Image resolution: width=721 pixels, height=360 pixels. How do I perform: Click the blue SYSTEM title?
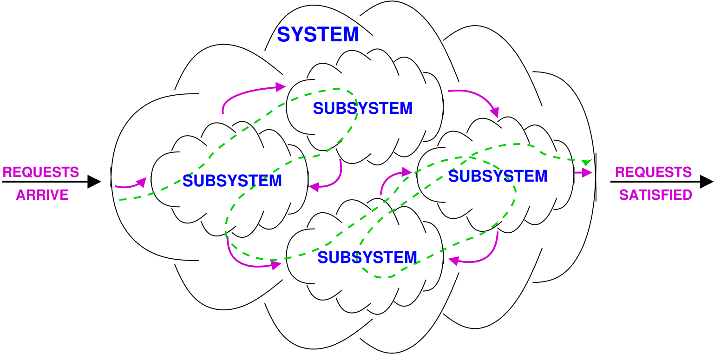point(318,35)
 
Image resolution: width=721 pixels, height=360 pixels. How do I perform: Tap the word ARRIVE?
point(42,195)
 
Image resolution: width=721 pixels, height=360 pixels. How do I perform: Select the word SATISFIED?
point(655,195)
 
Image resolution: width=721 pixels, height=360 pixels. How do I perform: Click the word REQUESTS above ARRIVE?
point(41,172)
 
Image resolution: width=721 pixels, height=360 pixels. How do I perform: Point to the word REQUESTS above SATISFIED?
point(653,172)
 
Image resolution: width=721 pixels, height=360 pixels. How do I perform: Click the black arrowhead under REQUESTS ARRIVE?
point(94,182)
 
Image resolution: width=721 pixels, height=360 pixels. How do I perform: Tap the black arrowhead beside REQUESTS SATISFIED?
point(707,182)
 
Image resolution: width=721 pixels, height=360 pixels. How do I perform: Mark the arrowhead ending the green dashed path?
point(588,162)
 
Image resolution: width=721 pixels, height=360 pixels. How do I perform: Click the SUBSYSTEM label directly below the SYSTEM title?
point(363,108)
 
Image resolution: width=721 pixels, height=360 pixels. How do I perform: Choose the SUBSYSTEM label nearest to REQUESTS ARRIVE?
point(232,180)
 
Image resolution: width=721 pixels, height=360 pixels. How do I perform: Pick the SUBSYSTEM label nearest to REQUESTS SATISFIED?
point(498,176)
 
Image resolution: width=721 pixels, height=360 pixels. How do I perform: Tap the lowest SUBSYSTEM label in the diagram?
point(367,257)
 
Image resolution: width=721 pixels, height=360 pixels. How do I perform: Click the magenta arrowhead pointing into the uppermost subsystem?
point(280,86)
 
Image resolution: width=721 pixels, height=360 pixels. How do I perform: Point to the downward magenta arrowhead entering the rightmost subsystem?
point(495,112)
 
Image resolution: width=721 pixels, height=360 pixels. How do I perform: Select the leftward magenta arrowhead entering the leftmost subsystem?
point(314,187)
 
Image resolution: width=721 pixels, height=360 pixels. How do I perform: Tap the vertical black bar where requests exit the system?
point(596,177)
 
